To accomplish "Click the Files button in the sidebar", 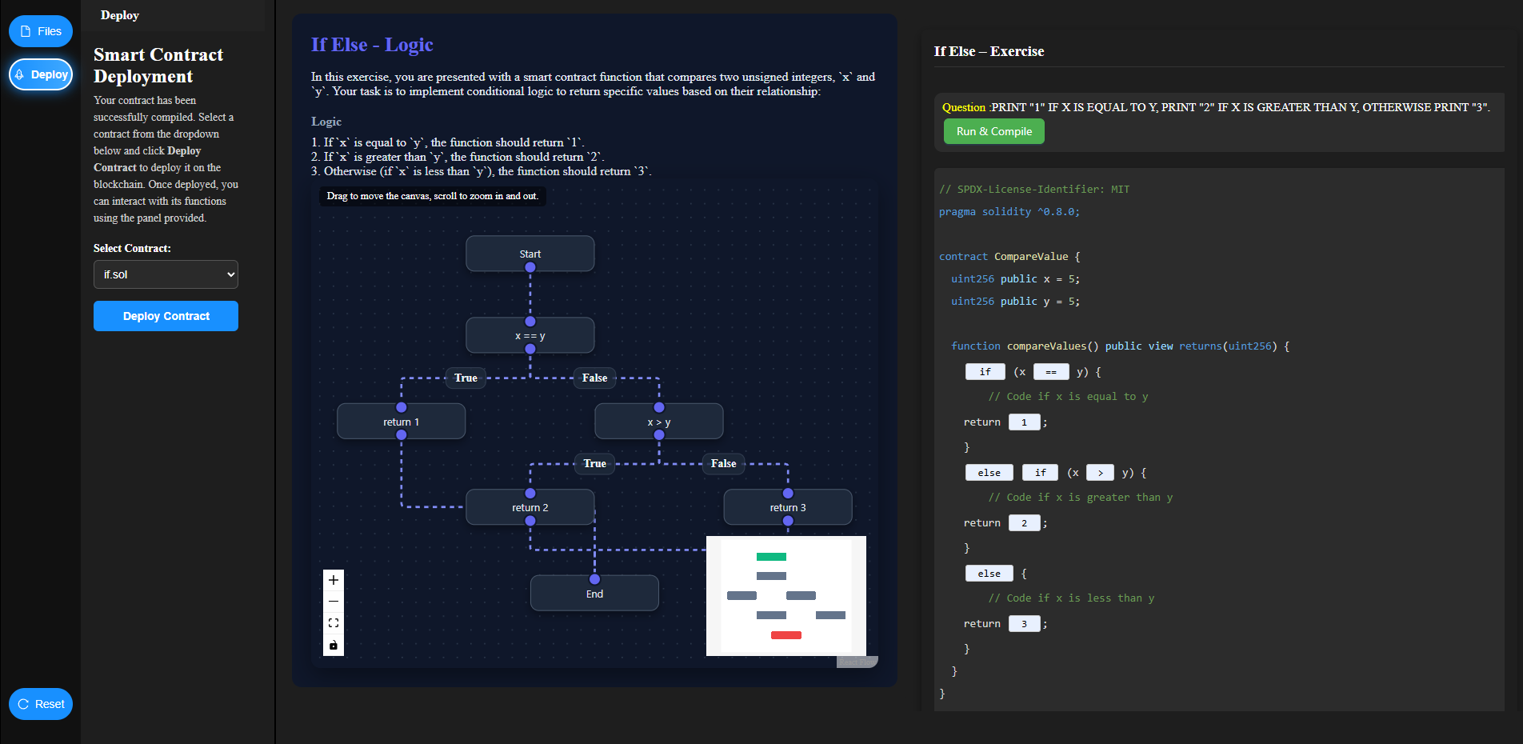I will click(x=41, y=31).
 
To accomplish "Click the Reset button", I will click(x=41, y=704).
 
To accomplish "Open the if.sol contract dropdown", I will click(x=166, y=274).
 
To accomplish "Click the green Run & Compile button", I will click(x=993, y=131).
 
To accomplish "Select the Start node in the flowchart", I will click(x=530, y=254).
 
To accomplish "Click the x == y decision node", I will click(x=530, y=336).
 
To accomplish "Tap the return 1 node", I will click(x=401, y=422).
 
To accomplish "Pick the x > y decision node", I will click(x=658, y=422).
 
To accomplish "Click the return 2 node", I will click(x=530, y=507).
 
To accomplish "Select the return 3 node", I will click(x=787, y=507).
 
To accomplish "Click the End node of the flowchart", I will click(x=594, y=594).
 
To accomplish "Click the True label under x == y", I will click(x=466, y=378).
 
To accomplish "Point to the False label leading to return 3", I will click(x=723, y=463).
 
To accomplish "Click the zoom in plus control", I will click(x=334, y=580).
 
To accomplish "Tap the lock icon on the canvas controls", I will click(x=334, y=645).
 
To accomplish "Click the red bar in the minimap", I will click(x=785, y=635).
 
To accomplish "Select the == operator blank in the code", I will click(x=1050, y=372).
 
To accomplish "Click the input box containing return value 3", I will click(x=1024, y=624).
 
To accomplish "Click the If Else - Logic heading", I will click(x=372, y=45).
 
